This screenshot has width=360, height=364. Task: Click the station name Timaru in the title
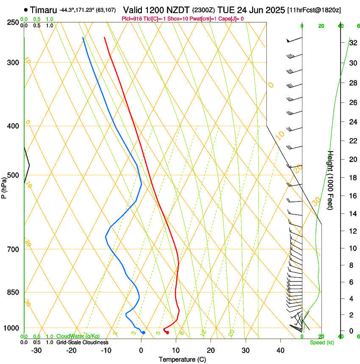(44, 9)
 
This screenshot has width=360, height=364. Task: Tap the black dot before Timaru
(26, 9)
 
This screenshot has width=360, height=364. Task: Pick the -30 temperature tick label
(36, 350)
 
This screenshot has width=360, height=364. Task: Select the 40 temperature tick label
(280, 350)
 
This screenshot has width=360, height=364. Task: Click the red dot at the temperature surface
(168, 333)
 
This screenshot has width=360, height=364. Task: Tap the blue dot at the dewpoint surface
(144, 333)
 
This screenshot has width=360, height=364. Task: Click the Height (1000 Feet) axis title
(331, 180)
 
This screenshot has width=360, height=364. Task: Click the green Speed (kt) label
(322, 342)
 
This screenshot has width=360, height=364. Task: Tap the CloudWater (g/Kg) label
(78, 336)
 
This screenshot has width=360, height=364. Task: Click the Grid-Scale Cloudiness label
(82, 342)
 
